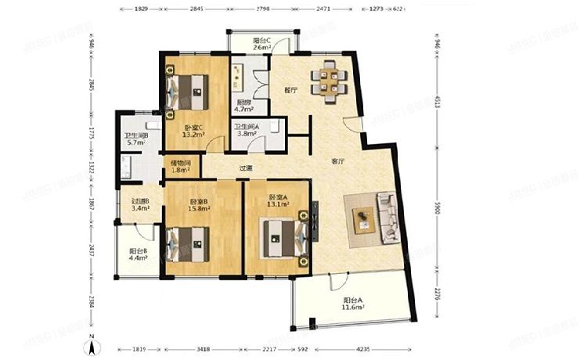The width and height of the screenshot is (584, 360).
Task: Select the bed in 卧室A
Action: tap(283, 235)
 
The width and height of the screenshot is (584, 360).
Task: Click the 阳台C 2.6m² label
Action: tap(261, 45)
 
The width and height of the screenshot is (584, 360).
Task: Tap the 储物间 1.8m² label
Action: tap(181, 166)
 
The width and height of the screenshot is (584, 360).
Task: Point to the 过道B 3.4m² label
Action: tap(141, 205)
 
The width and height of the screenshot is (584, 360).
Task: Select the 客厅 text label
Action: tap(338, 162)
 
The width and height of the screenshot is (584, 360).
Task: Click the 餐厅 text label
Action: tap(291, 91)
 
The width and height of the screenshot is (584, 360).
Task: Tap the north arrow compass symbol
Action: tap(92, 342)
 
